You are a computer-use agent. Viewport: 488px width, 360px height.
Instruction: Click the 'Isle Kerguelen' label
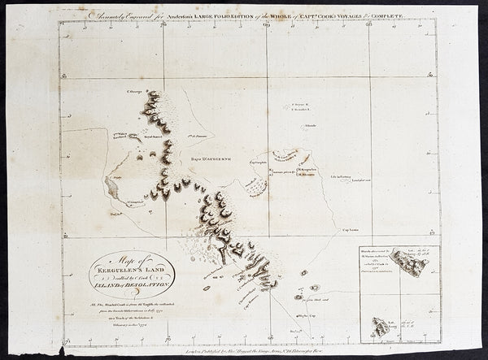coord(309,167)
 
